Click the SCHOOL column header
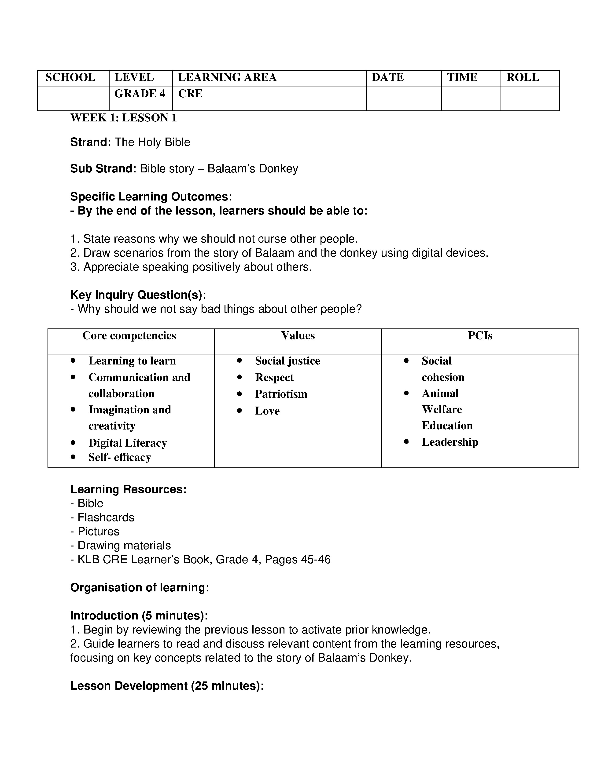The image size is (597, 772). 70,77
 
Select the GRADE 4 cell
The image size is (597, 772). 140,94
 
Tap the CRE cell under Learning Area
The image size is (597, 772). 190,94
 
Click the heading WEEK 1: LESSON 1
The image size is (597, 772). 123,118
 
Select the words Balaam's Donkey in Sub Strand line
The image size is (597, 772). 253,169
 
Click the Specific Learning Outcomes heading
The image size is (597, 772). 151,197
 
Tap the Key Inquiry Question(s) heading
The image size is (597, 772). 138,295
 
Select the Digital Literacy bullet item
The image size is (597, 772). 127,443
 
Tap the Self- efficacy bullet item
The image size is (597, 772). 120,457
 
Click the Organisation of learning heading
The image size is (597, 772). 140,587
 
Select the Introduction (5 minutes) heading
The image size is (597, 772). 139,615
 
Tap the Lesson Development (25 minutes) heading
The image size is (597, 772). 167,686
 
